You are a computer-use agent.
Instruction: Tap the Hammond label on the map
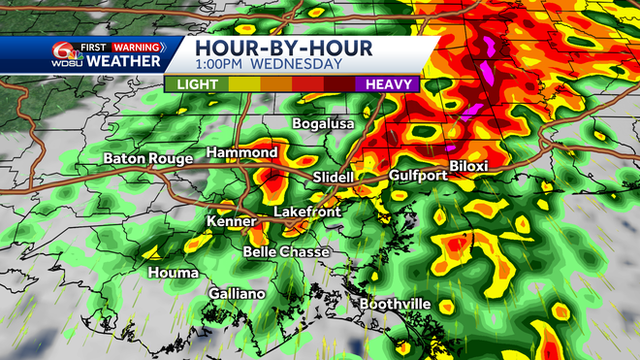pos(242,152)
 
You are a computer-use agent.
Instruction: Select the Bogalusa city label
pos(324,124)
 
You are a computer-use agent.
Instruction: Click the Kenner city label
pos(231,222)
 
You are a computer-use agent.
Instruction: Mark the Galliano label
pos(237,293)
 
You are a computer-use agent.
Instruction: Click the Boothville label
pos(395,304)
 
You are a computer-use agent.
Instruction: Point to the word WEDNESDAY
pos(299,64)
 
